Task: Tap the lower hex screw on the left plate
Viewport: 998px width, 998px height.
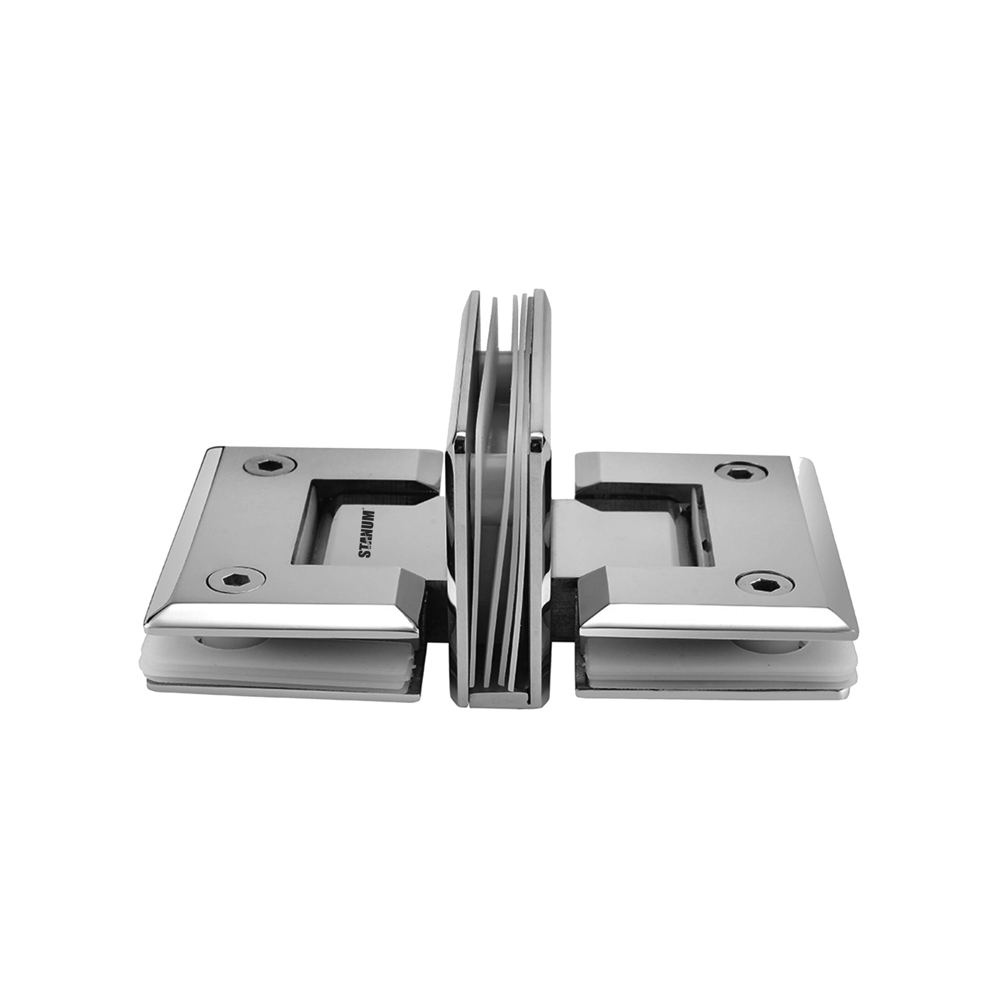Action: [238, 583]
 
